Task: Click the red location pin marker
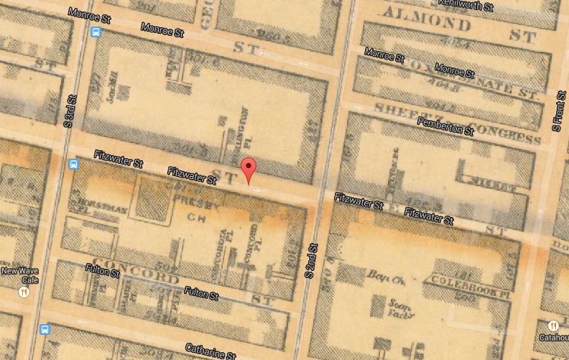[x=249, y=170]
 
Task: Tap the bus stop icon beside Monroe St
[x=95, y=32]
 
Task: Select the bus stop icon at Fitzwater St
[x=73, y=164]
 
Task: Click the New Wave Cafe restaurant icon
[x=24, y=292]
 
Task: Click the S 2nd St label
[x=313, y=262]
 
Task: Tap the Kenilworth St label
[x=468, y=6]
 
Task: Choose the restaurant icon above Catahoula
[x=553, y=326]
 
